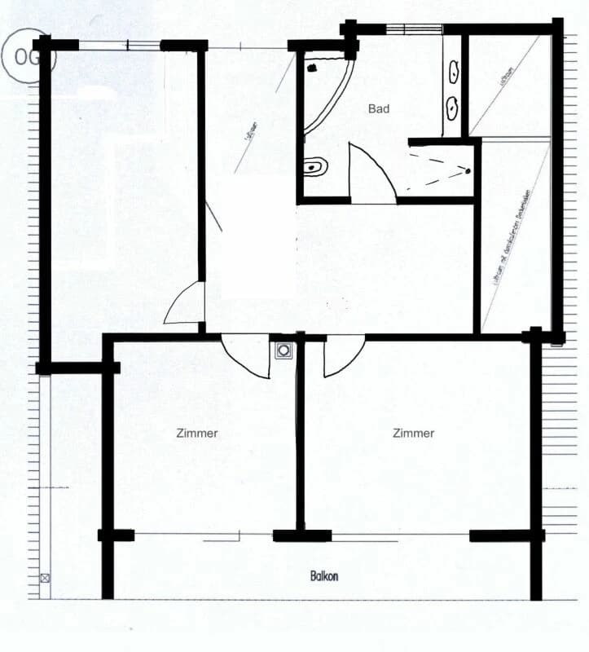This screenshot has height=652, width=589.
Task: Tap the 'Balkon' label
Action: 323,576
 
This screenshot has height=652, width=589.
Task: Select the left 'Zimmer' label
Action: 196,434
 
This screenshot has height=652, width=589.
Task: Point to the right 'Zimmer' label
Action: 413,434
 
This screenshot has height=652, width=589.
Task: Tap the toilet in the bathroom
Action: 315,167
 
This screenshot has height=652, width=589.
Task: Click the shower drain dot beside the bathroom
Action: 468,170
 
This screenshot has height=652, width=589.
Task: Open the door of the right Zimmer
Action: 342,357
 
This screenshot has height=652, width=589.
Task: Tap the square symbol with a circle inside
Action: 283,350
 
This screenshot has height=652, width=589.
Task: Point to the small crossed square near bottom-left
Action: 45,578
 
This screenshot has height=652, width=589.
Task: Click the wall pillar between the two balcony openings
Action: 301,535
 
